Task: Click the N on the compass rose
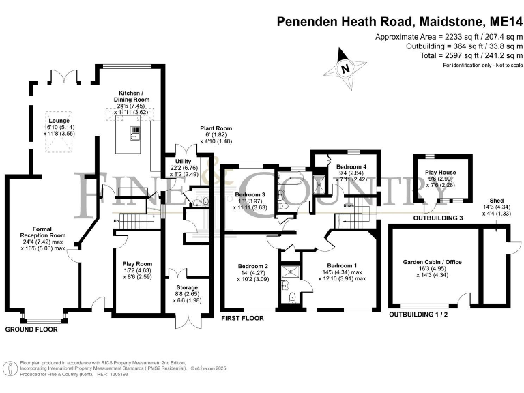click(345, 69)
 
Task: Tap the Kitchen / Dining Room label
click(131, 96)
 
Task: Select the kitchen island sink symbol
click(134, 133)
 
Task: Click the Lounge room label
click(59, 121)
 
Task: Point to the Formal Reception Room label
click(43, 232)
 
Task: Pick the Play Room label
click(137, 263)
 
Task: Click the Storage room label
click(187, 287)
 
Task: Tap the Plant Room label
click(216, 128)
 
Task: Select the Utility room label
click(183, 161)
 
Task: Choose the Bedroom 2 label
click(253, 266)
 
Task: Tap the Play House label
click(441, 173)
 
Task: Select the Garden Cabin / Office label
click(433, 262)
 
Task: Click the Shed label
click(497, 201)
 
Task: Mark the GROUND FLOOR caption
click(31, 330)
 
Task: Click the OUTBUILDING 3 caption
click(438, 218)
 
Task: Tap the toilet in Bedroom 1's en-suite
click(293, 297)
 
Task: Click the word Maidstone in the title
click(451, 22)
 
